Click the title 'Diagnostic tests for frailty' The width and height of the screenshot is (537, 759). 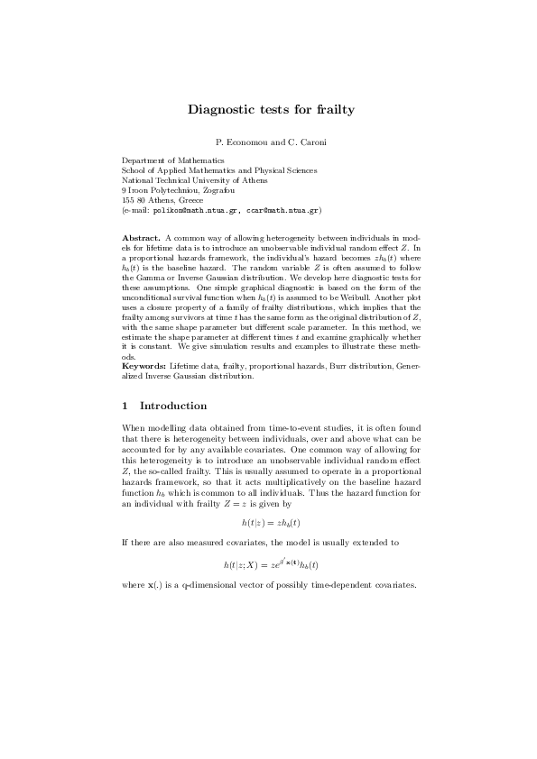tap(271, 110)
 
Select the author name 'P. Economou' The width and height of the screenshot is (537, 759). tap(236, 142)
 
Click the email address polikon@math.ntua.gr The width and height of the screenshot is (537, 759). tap(194, 210)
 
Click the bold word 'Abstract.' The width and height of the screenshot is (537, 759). tap(141, 236)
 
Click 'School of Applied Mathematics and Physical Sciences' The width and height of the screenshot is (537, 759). tap(219, 170)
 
